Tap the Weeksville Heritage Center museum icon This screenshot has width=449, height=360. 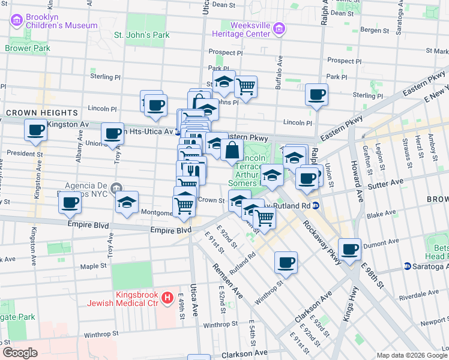point(278,29)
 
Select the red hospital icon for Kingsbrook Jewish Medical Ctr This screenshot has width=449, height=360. point(168,297)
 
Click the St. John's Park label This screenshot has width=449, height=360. point(142,35)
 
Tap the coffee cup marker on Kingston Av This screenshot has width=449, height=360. point(35,130)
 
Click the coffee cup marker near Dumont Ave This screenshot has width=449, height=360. point(350,248)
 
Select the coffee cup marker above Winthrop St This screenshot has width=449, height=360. point(286,262)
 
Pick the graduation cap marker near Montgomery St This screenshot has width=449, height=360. point(127,202)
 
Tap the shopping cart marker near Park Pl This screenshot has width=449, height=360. point(246,86)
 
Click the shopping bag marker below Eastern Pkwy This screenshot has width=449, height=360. point(232,150)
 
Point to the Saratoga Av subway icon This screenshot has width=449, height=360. point(407,266)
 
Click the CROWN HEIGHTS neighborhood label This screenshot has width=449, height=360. point(42,113)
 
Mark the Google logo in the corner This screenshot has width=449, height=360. point(20,353)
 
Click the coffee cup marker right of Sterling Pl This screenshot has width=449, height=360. point(316,94)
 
